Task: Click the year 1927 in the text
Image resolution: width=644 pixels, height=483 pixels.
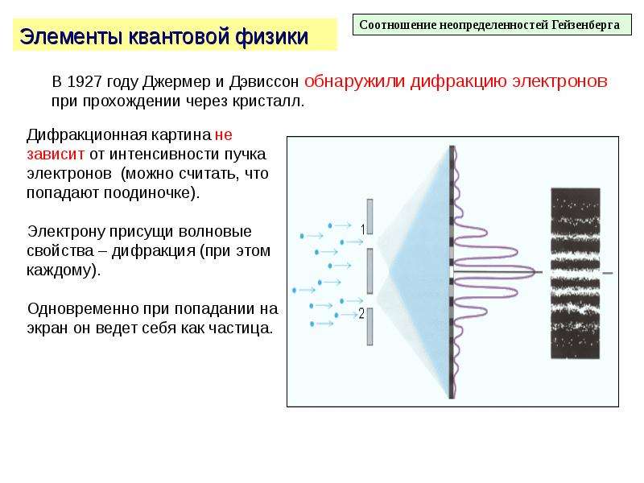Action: point(85,82)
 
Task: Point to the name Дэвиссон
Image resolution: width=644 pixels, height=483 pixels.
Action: point(264,82)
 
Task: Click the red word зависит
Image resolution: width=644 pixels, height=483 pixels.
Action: point(56,154)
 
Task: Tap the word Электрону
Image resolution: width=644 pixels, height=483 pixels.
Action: point(66,232)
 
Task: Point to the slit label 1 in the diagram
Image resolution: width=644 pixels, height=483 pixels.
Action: point(363,229)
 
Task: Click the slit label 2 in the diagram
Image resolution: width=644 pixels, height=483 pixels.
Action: point(361,314)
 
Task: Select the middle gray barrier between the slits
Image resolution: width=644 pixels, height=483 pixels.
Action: point(369,271)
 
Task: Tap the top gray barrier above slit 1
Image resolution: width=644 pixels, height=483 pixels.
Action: point(369,217)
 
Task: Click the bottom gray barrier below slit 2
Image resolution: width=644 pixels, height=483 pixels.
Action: point(369,327)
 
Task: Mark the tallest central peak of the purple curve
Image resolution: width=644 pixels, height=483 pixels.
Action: point(532,271)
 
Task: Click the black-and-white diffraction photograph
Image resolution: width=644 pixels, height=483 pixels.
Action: point(575,273)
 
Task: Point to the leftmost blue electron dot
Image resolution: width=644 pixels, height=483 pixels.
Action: point(294,291)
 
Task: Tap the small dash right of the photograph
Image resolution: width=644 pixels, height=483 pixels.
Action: point(608,273)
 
